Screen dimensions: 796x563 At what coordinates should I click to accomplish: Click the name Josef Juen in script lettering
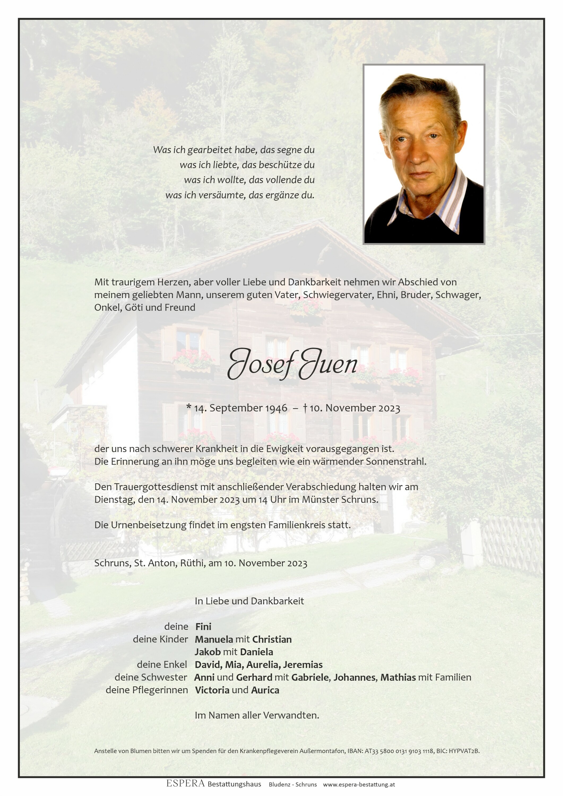292,364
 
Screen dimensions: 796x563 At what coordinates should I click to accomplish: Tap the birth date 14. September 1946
240,408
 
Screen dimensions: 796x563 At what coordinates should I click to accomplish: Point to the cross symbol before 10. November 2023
305,408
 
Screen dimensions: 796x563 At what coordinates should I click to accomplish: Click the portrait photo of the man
424,154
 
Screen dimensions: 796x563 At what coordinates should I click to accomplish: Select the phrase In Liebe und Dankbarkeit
249,601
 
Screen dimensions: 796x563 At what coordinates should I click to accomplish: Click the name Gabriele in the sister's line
311,677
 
